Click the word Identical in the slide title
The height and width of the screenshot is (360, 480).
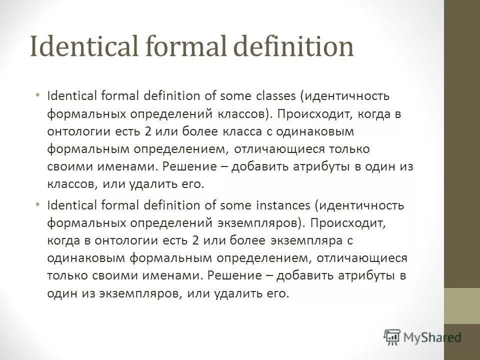pos(79,48)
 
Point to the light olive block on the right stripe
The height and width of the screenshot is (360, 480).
pos(462,305)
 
